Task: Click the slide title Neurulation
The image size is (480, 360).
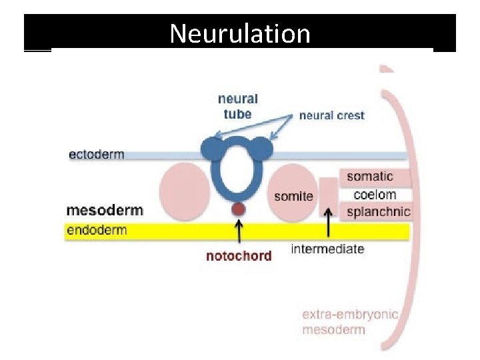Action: click(x=240, y=33)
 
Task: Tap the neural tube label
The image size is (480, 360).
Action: click(x=237, y=106)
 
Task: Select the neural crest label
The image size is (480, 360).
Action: click(x=331, y=115)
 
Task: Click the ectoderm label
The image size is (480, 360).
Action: click(x=97, y=155)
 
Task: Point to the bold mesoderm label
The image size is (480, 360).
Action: click(x=105, y=211)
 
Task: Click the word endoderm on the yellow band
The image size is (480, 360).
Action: click(x=97, y=231)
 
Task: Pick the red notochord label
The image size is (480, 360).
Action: click(x=239, y=256)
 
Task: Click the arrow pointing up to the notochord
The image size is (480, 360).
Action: click(x=239, y=233)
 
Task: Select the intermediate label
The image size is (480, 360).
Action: click(x=327, y=249)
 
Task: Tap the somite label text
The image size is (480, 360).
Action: click(x=293, y=196)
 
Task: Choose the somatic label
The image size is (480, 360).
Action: click(x=370, y=177)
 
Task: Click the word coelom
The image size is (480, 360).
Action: click(x=375, y=195)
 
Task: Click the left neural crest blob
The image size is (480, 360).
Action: click(x=212, y=149)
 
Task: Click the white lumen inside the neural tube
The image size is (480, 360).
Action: click(x=238, y=170)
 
